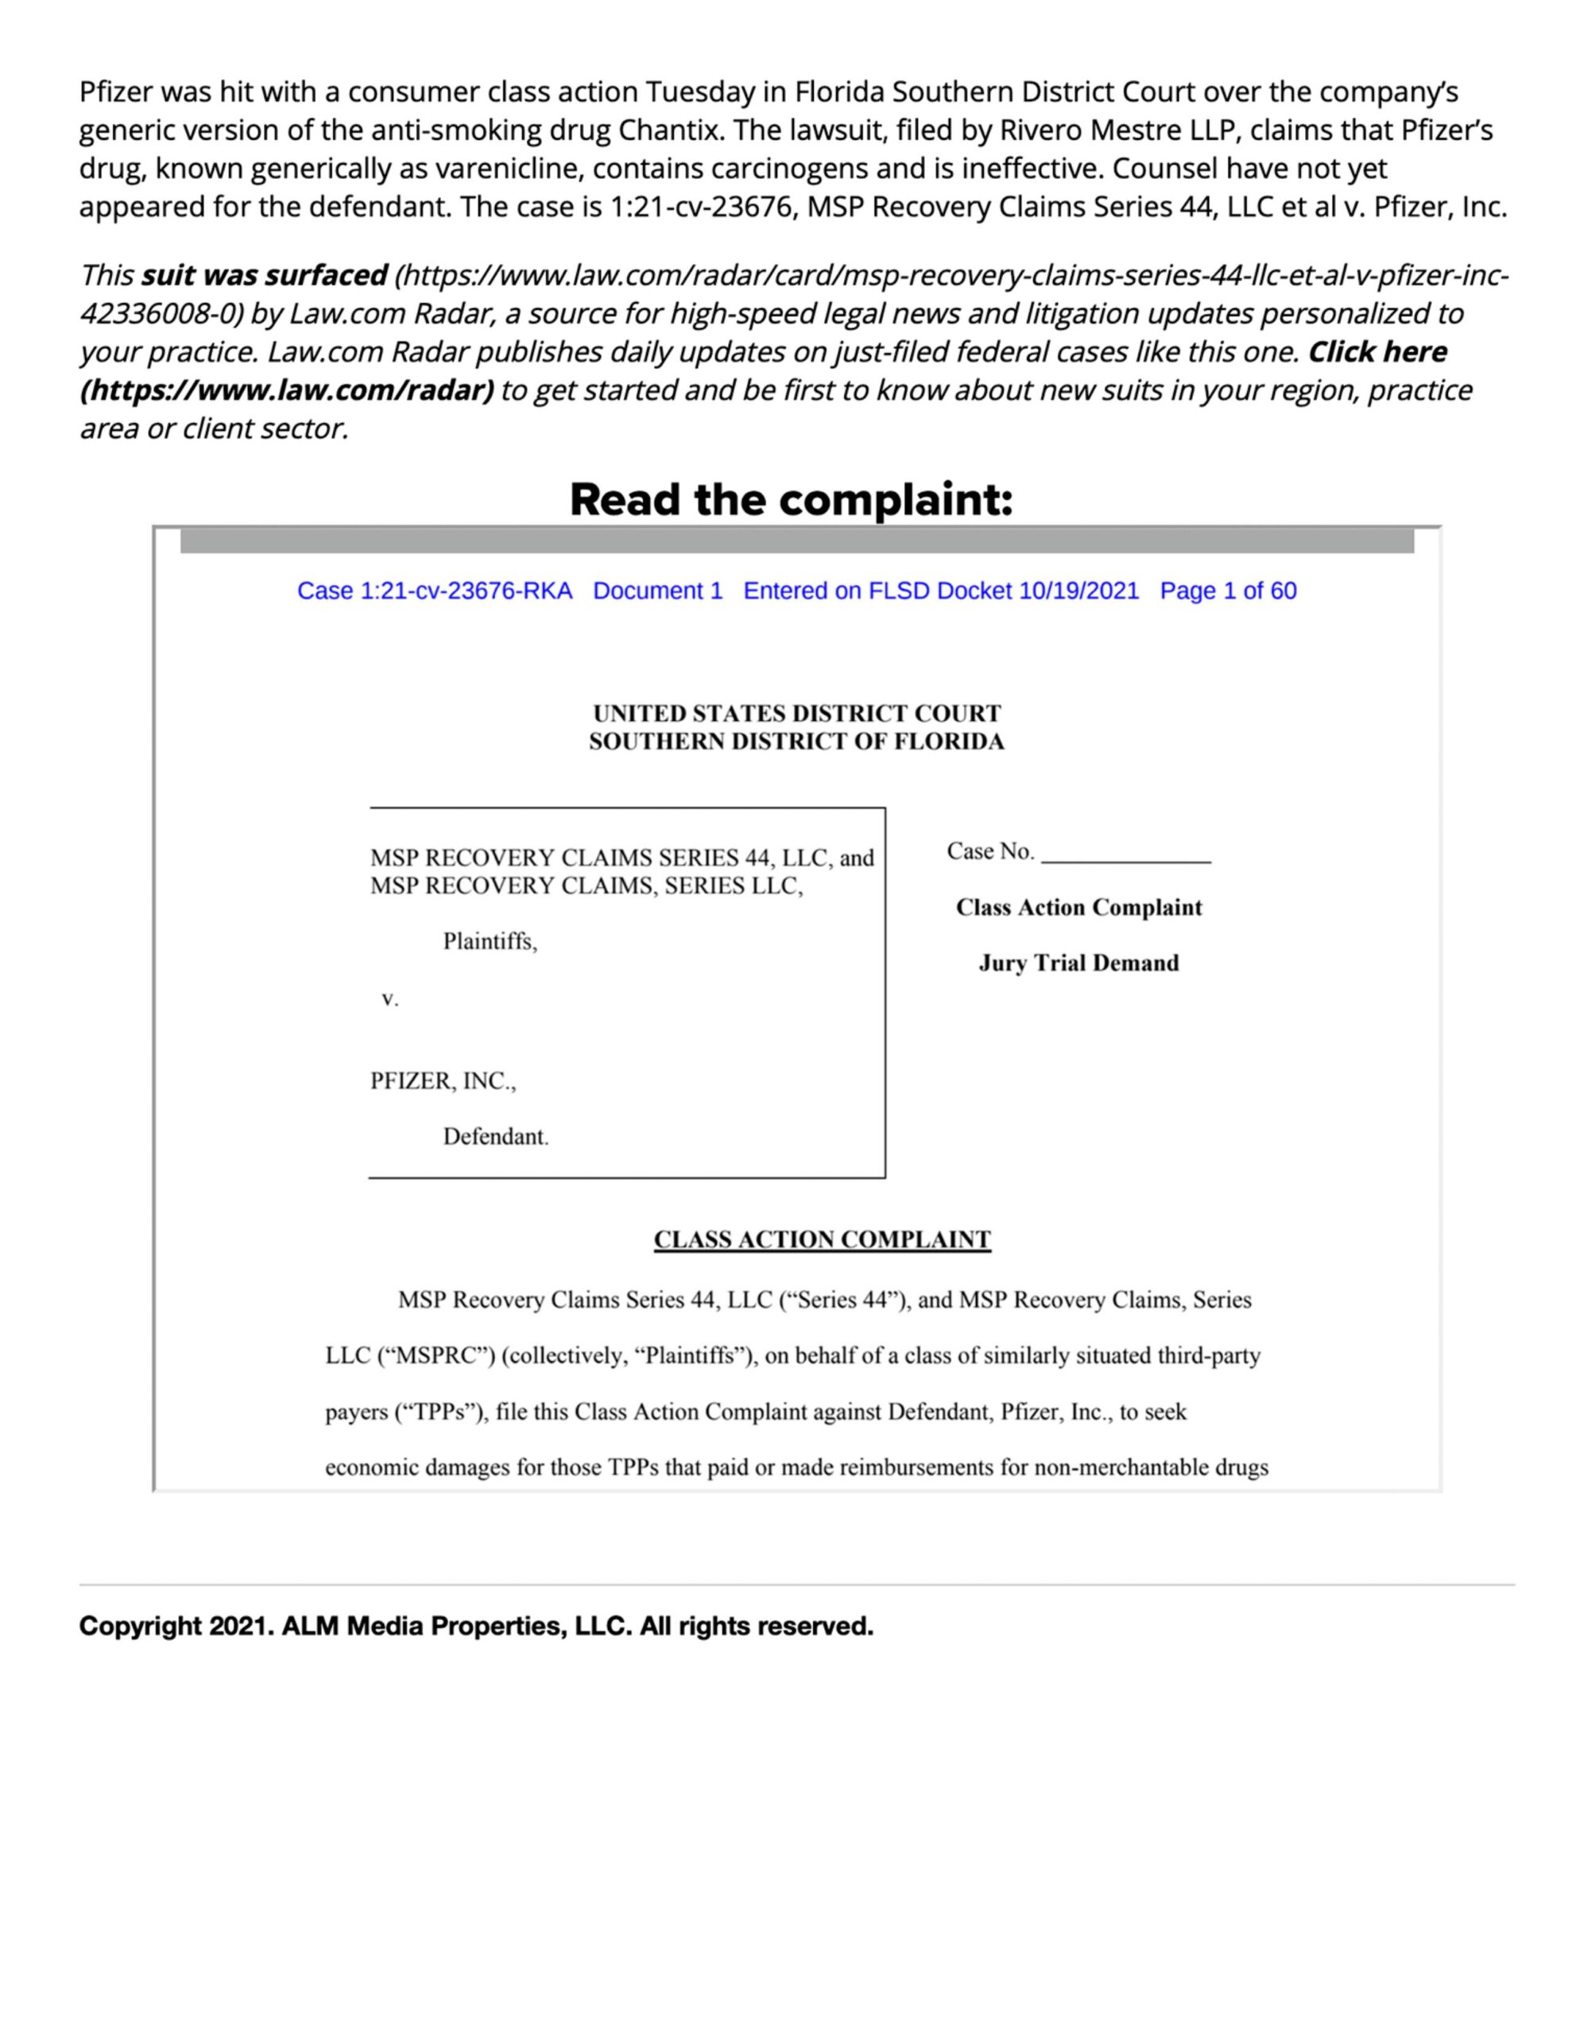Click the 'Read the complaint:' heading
(790, 499)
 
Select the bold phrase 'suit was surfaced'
(264, 276)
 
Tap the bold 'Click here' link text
(1377, 352)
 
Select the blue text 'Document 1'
(658, 591)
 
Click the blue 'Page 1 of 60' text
(1227, 591)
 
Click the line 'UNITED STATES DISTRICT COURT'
(796, 713)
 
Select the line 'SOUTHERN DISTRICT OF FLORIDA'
(796, 742)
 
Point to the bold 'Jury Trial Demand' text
(1078, 963)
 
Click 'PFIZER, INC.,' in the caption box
(443, 1081)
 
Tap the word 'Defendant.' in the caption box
(495, 1137)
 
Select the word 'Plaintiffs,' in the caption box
(490, 942)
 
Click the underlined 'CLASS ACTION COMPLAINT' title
(822, 1239)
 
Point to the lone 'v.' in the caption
(390, 1000)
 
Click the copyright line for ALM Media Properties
(476, 1626)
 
